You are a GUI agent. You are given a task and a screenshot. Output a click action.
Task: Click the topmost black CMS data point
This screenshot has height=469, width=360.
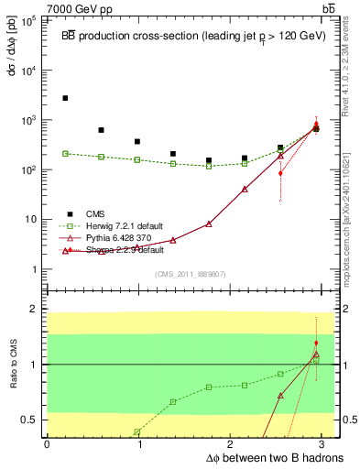coord(65,98)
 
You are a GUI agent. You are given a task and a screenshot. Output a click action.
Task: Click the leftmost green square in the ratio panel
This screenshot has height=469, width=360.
coord(136,431)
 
